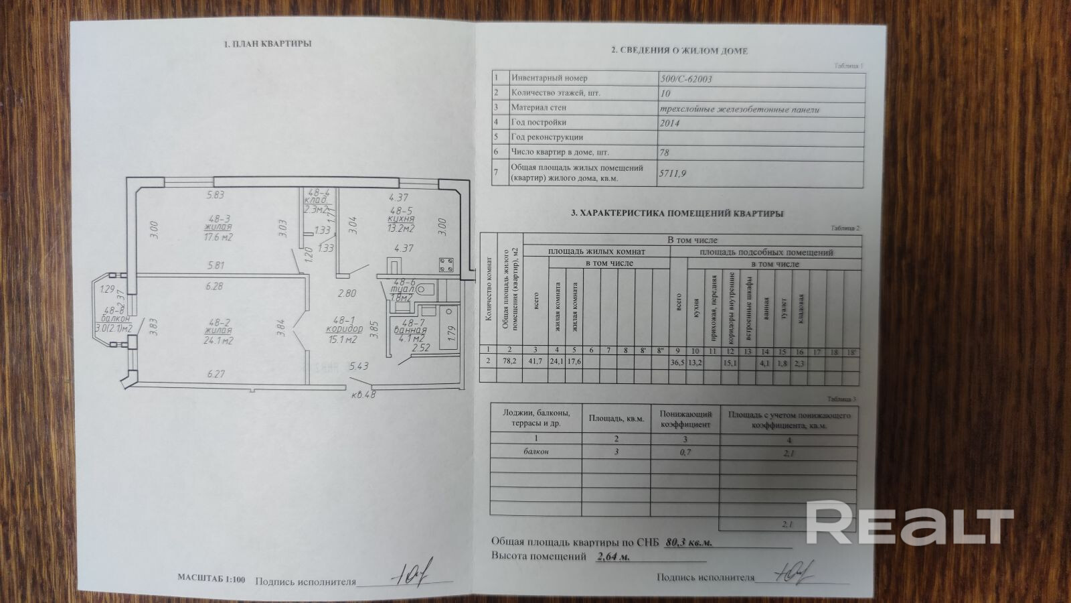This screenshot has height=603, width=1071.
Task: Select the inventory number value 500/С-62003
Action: (685, 79)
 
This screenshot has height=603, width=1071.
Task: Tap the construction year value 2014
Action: (670, 123)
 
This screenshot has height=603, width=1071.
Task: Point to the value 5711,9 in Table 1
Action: (673, 174)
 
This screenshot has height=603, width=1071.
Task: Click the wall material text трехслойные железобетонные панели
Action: (739, 109)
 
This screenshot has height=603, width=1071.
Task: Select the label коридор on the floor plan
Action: (344, 329)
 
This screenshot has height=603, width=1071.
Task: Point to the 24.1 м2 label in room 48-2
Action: (218, 341)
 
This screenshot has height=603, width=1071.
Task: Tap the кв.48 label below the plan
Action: (363, 394)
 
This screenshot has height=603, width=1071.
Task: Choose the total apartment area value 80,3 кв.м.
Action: (689, 542)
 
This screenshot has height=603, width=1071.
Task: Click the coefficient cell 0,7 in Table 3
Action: (685, 453)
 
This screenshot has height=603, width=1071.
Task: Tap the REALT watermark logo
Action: (909, 521)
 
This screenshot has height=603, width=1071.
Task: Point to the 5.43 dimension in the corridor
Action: (359, 366)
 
